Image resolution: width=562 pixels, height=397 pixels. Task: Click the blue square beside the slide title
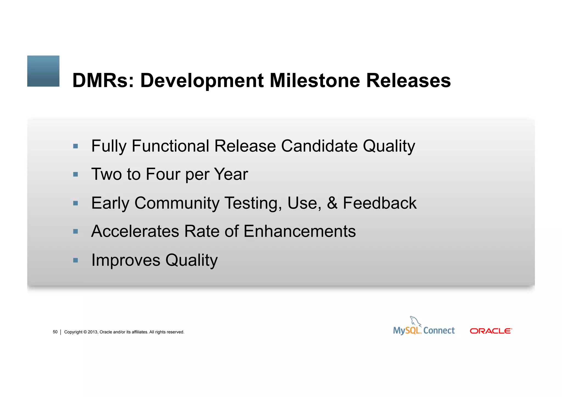pyautogui.click(x=43, y=71)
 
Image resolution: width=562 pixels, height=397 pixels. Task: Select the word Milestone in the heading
pyautogui.click(x=314, y=81)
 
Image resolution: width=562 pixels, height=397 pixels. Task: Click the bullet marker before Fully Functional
pyautogui.click(x=76, y=146)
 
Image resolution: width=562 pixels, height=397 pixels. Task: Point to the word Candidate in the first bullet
pyautogui.click(x=319, y=146)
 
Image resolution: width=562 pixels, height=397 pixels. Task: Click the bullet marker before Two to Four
pyautogui.click(x=76, y=174)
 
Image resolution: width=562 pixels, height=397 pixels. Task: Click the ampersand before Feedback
pyautogui.click(x=332, y=203)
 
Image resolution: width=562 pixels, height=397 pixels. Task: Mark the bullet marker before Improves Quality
pyautogui.click(x=76, y=260)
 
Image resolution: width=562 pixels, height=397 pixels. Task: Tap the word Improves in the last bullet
pyautogui.click(x=126, y=260)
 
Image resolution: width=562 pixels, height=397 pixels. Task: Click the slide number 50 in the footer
pyautogui.click(x=55, y=332)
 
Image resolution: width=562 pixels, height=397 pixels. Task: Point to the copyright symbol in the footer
pyautogui.click(x=85, y=332)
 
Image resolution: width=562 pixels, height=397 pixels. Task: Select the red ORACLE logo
pyautogui.click(x=491, y=331)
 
